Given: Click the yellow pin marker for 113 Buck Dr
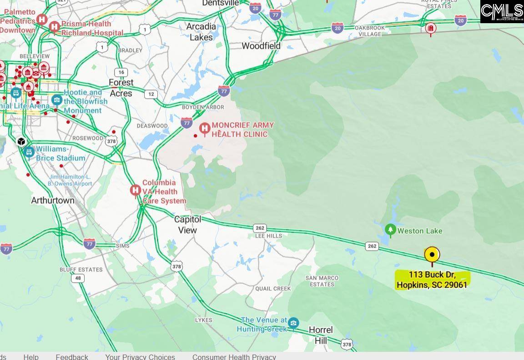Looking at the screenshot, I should (x=432, y=255).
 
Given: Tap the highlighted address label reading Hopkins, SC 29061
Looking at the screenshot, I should (x=432, y=280).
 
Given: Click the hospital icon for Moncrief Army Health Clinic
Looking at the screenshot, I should (x=205, y=129).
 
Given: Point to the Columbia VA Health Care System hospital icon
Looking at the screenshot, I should (x=135, y=190).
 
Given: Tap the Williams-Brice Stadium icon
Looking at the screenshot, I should (x=29, y=152).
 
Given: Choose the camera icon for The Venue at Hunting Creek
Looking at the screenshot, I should (x=293, y=323).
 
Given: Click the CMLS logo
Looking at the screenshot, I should (x=502, y=11).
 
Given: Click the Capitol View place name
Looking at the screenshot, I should (x=187, y=225).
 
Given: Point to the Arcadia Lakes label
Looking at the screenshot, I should (x=201, y=32).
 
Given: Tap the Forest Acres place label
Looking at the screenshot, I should (x=121, y=88).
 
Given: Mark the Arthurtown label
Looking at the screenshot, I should (x=53, y=200).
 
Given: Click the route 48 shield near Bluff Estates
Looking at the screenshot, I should (x=78, y=278).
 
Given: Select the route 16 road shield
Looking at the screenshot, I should (x=121, y=72).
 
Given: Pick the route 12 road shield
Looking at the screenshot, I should (x=151, y=94).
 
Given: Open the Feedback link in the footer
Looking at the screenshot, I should (x=72, y=356).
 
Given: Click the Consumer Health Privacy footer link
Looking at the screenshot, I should (x=234, y=356).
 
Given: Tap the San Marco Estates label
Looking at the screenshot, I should (x=322, y=281).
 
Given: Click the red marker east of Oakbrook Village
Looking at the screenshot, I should (x=430, y=29).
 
